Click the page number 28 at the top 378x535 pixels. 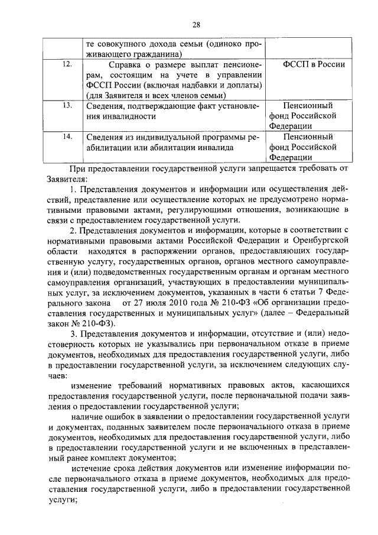click(x=197, y=24)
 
